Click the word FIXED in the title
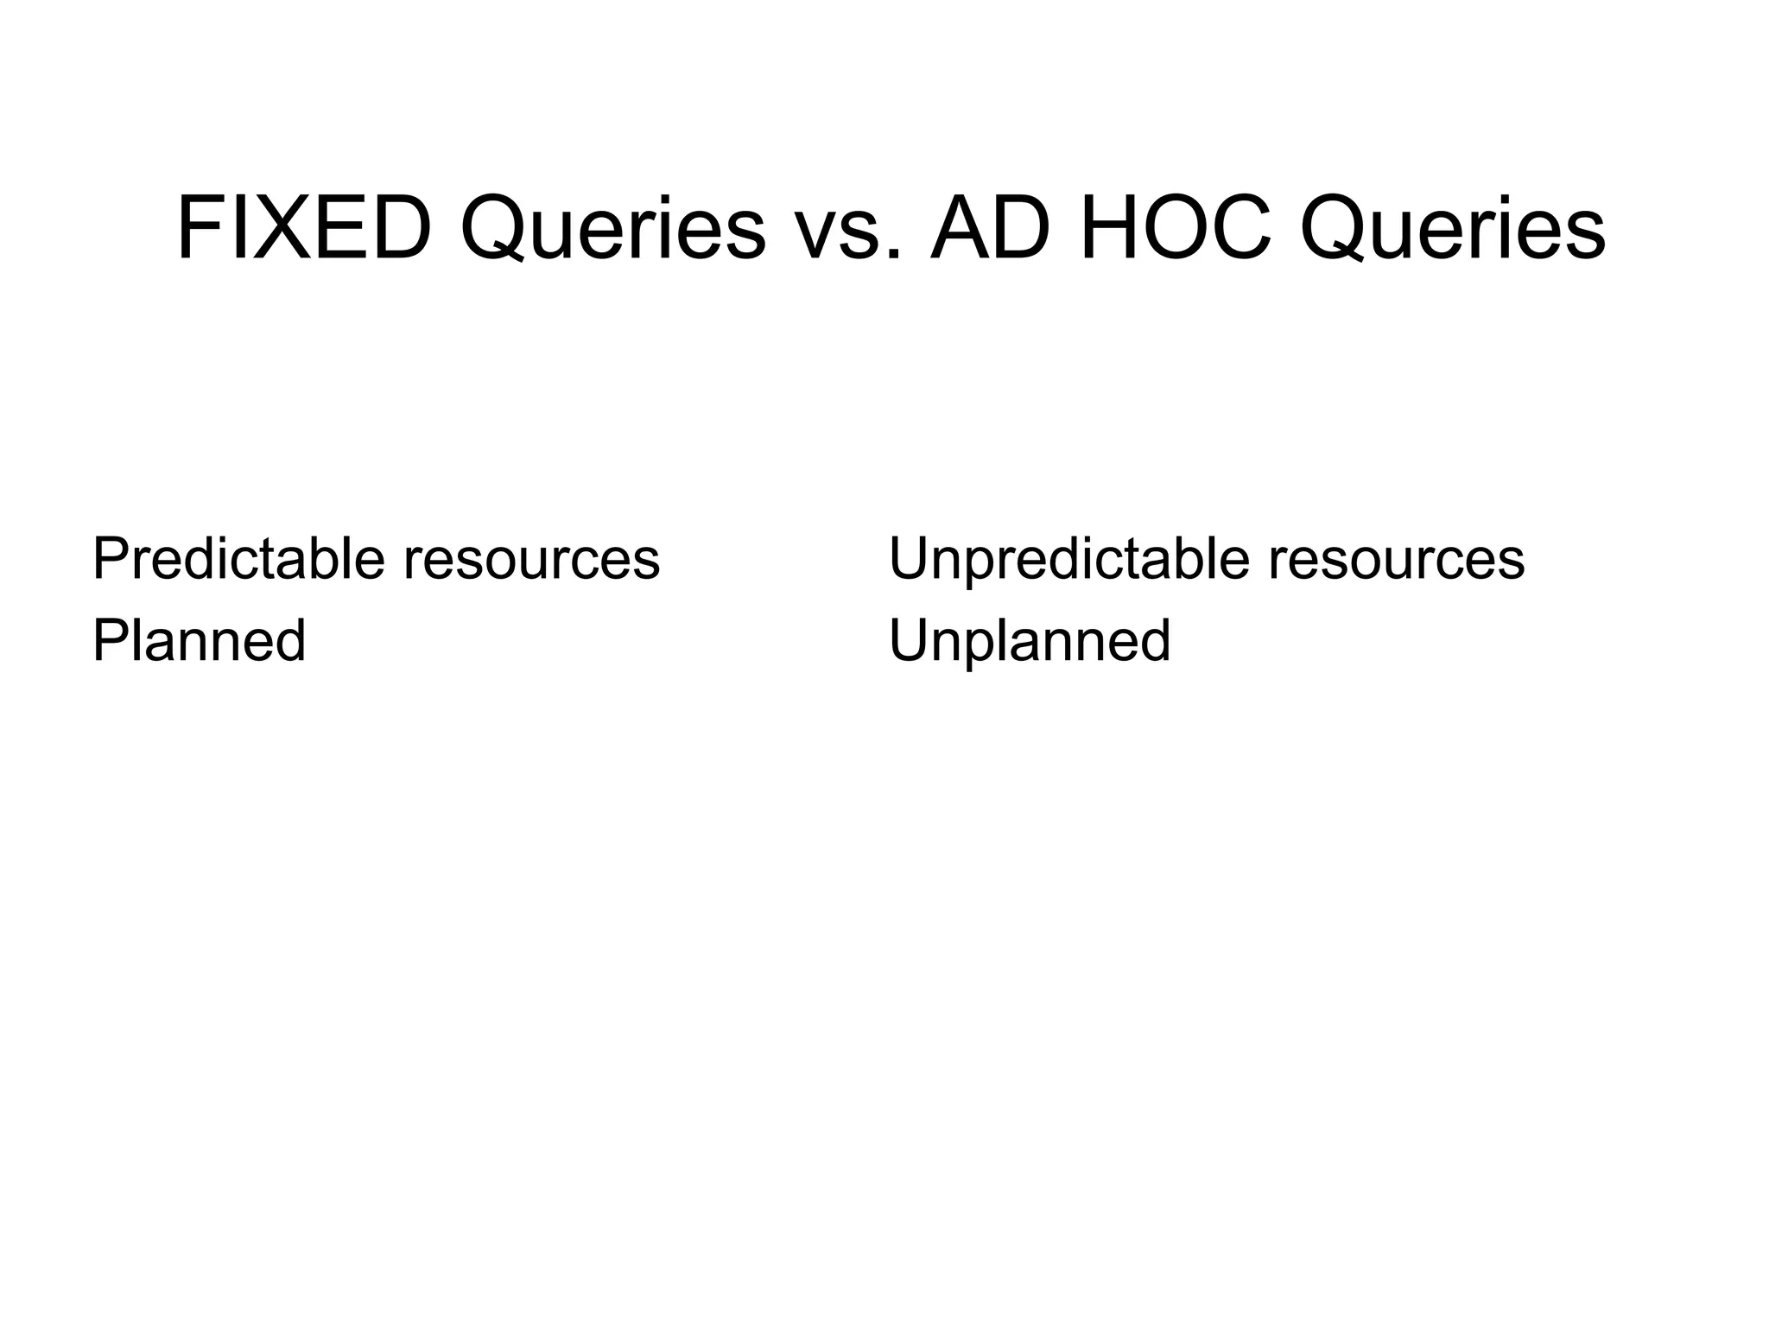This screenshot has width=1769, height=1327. (x=303, y=229)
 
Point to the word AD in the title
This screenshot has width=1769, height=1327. (x=992, y=229)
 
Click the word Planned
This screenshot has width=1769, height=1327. (x=199, y=641)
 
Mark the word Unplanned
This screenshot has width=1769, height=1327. (x=1029, y=641)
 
